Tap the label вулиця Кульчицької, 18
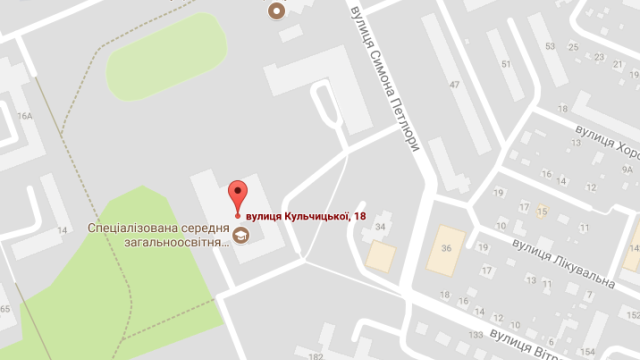305,216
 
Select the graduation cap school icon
241,235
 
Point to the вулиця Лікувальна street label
563,263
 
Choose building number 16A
24,116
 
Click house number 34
380,227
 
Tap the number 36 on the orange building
446,248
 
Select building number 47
454,85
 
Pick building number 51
506,64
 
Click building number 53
550,46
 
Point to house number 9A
627,170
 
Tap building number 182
316,356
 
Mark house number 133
475,334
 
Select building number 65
5,309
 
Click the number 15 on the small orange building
542,211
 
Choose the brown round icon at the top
276,11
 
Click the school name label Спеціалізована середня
158,228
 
